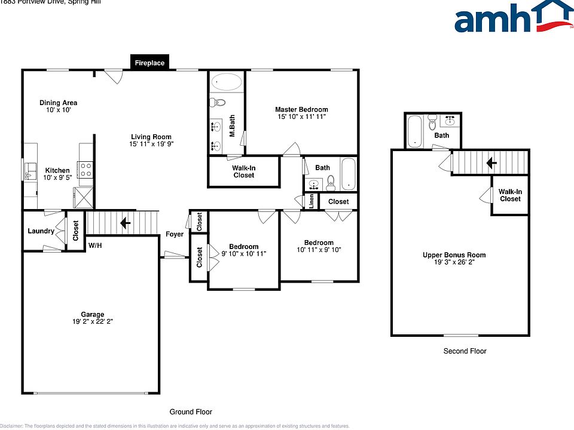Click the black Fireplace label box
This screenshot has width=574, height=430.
(149, 62)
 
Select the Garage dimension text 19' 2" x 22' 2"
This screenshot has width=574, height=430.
(93, 322)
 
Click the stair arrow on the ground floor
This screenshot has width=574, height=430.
(126, 223)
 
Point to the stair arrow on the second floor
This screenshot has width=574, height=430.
(491, 162)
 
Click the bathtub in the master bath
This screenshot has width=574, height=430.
(227, 82)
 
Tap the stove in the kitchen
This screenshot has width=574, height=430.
(85, 170)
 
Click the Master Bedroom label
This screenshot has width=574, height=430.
(301, 109)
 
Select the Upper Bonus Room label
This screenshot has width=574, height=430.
(454, 255)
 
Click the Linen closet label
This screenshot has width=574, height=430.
(312, 202)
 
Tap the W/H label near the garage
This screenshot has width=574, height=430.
(94, 245)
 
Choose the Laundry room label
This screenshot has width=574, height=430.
(41, 231)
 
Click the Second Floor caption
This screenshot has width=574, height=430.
(465, 351)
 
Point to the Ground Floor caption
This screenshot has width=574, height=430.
(190, 411)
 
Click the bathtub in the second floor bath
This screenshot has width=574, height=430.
(414, 131)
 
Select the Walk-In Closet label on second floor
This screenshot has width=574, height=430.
(510, 195)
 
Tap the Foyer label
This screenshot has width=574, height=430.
(175, 234)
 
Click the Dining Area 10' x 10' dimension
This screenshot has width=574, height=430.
(58, 110)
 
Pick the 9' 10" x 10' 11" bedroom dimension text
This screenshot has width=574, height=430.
(244, 254)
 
